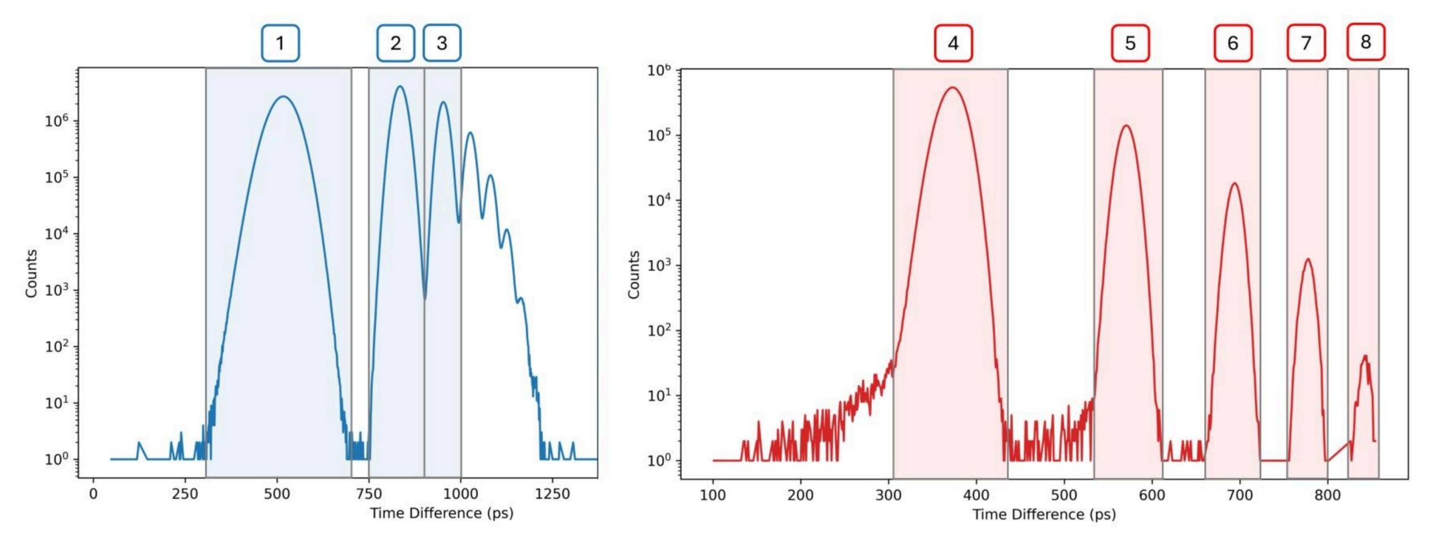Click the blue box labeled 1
coord(280,43)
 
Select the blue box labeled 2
coord(395,43)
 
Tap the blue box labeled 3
coord(442,43)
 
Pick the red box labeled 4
coord(953,43)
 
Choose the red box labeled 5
coord(1130,43)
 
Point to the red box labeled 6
coord(1232,43)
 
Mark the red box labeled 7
coord(1306,43)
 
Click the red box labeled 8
coord(1366,42)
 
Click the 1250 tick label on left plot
coord(552,494)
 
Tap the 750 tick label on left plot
coord(369,494)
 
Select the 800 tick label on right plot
coord(1327,495)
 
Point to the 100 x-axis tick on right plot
coord(713,495)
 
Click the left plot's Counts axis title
coord(31,273)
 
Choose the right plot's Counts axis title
coord(633,275)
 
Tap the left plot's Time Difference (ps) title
coord(441,513)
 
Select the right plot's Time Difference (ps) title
coord(1044,514)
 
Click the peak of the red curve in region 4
coord(953,88)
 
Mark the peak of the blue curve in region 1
coord(283,97)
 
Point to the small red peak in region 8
coord(1365,356)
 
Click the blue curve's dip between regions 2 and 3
coord(425,298)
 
